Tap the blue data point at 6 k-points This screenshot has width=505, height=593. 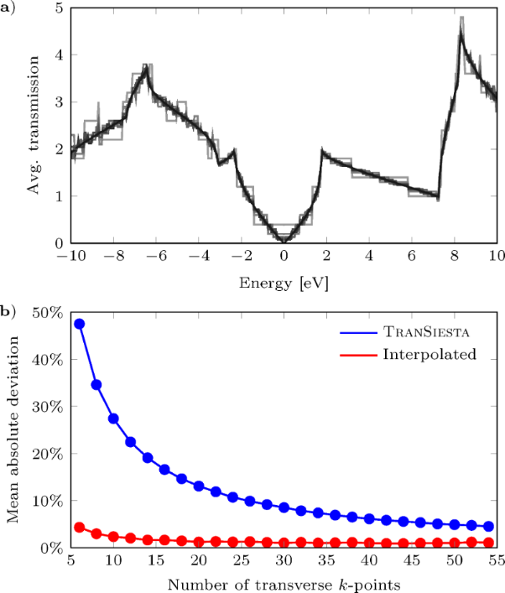79,324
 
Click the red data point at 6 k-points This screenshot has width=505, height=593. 79,527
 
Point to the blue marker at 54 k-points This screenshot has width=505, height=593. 488,526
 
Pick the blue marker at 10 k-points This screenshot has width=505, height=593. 113,419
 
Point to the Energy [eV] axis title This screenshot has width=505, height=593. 284,282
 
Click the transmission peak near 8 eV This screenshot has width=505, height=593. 461,25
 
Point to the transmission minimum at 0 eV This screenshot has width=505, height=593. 284,240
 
